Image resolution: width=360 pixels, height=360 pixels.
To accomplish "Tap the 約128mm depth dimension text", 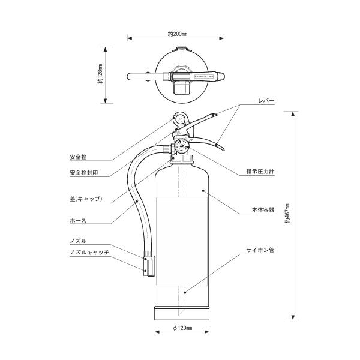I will point(100,76).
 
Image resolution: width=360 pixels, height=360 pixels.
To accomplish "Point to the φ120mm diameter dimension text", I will point(182,329).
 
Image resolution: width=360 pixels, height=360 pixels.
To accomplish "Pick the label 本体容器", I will point(263,210).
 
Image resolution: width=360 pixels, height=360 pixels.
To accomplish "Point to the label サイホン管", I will point(260,248).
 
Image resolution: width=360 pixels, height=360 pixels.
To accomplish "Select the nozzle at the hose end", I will point(146,265).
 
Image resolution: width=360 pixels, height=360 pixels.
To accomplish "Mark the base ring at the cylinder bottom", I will point(182,314).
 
